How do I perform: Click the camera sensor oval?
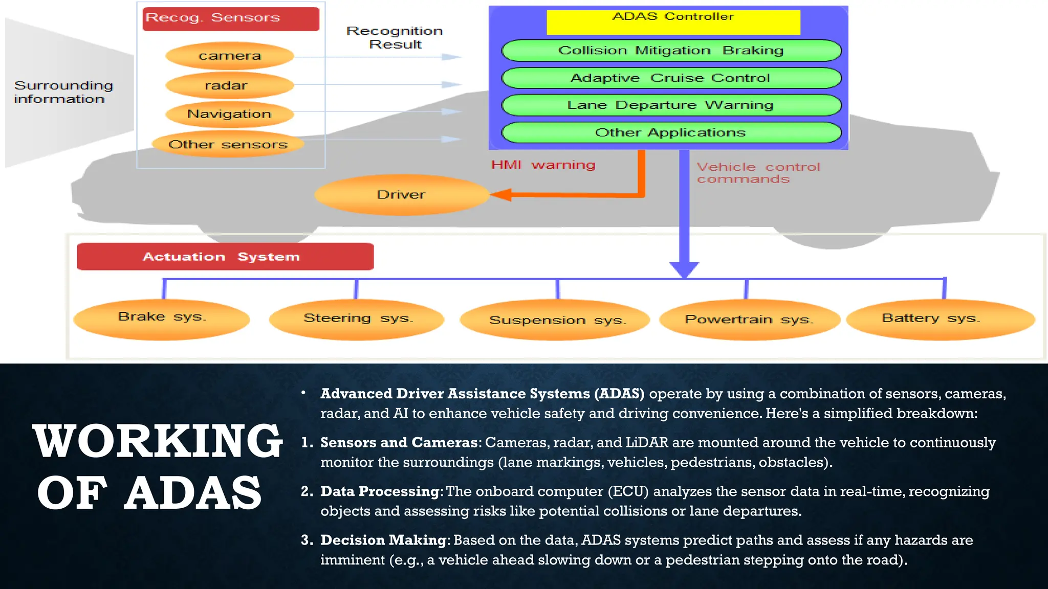230,56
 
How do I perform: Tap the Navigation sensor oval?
230,114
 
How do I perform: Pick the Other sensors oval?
228,145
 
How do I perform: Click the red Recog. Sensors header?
231,19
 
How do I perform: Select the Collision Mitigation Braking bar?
671,51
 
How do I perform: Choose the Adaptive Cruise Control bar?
671,78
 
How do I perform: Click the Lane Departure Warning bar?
671,105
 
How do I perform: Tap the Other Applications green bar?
671,133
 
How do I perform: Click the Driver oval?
402,195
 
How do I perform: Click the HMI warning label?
543,165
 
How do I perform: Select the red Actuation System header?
225,257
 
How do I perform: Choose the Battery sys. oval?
940,319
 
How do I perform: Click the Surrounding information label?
63,93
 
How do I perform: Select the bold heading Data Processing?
380,491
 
